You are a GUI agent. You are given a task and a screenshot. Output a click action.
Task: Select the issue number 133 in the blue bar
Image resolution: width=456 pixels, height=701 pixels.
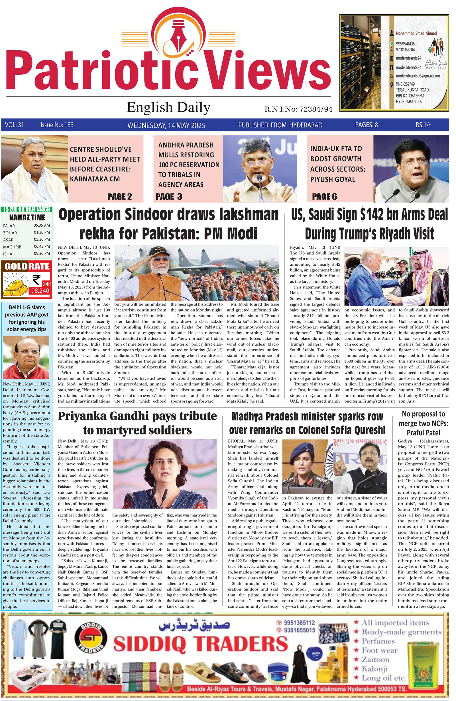[69, 125]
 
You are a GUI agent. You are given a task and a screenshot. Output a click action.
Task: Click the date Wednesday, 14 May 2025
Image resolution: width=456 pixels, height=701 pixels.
[166, 125]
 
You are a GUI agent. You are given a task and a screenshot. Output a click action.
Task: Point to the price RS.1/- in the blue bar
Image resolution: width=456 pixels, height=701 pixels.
[423, 125]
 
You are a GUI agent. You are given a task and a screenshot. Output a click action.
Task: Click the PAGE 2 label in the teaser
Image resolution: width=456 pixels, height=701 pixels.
[119, 196]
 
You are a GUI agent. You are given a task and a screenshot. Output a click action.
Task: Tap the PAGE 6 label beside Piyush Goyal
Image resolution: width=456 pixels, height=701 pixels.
[324, 196]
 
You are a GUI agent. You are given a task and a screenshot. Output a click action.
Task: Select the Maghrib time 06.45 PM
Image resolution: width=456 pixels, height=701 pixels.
[42, 246]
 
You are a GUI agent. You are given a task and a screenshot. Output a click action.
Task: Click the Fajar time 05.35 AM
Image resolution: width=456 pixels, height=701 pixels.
[42, 225]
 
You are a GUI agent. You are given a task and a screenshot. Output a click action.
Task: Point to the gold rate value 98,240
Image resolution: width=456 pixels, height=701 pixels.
[40, 291]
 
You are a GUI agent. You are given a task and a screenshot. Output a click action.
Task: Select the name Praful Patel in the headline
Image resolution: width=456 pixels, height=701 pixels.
[423, 433]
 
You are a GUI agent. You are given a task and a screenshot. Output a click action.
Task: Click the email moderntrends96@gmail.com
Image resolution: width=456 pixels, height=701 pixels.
[418, 76]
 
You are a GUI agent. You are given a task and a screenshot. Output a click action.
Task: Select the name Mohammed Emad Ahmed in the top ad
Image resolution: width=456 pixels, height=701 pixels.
[416, 33]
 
